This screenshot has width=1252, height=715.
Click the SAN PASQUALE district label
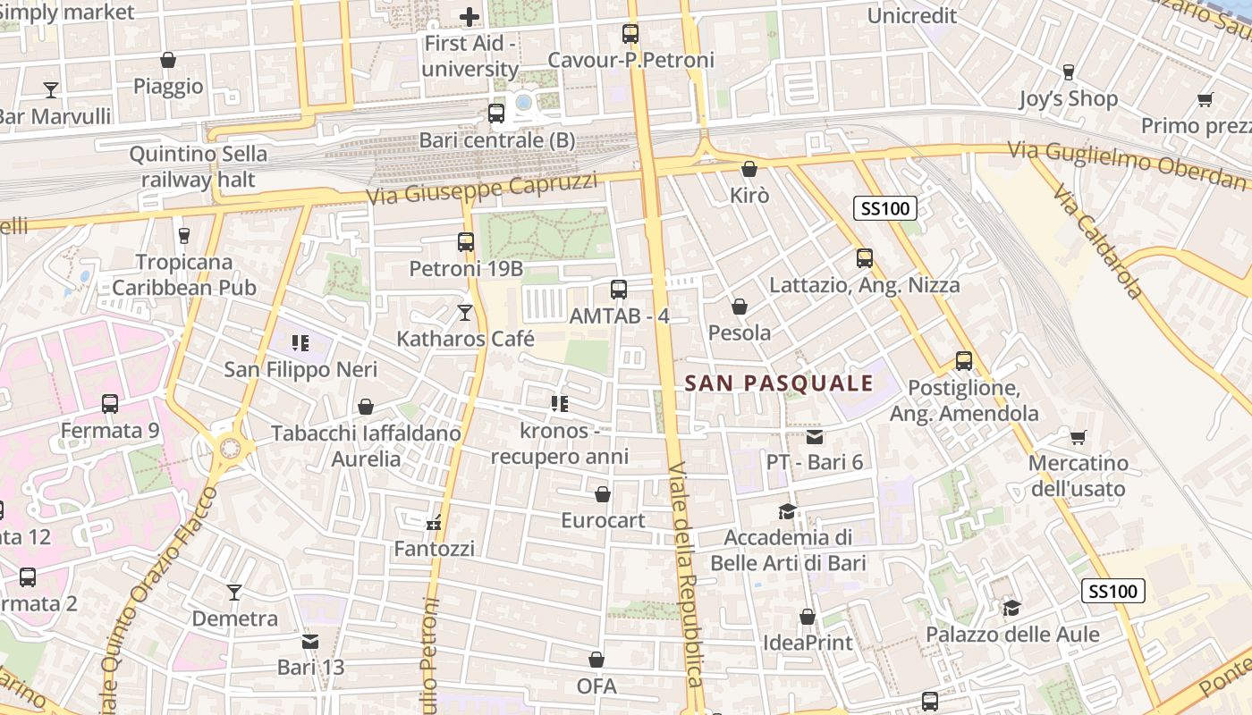point(778,383)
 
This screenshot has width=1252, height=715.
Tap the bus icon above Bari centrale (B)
point(496,114)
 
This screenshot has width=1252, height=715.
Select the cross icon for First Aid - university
point(469,16)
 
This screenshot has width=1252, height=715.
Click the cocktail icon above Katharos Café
point(465,312)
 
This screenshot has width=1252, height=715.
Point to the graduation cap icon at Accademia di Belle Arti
point(787,511)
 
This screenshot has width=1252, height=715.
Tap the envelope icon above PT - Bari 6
point(815,436)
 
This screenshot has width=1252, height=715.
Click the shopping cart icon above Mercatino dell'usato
point(1079,437)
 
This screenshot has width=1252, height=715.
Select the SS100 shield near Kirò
point(885,209)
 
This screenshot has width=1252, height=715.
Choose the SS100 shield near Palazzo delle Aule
point(1113,591)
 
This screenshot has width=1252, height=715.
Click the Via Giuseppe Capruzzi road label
point(482,189)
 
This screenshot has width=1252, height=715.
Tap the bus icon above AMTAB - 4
point(619,289)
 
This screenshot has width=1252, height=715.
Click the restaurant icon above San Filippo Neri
point(300,342)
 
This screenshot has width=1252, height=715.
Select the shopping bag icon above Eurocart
point(603,493)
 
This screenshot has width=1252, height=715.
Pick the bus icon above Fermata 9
point(110,403)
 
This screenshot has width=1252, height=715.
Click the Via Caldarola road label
point(1098,241)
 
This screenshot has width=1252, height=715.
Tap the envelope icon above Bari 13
point(310,641)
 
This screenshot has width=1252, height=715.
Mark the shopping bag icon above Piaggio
point(168,60)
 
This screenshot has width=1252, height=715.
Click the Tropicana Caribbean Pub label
point(184,274)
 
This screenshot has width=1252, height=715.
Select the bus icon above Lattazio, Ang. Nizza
point(865,257)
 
